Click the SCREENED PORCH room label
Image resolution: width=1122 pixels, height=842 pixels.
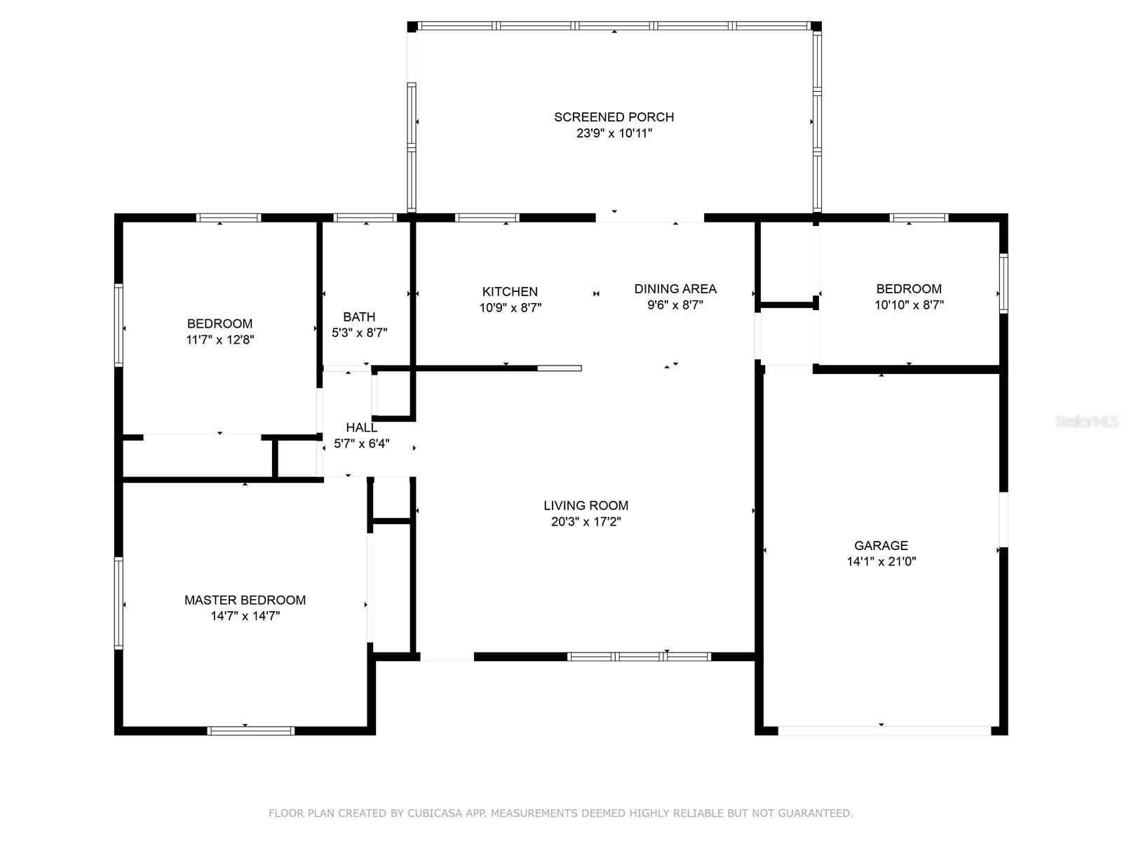click(614, 117)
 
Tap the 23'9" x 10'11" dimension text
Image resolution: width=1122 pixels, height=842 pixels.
click(614, 133)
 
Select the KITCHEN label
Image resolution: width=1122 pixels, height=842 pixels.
click(510, 291)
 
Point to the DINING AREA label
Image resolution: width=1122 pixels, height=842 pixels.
click(675, 289)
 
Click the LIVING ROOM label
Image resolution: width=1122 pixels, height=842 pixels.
click(586, 506)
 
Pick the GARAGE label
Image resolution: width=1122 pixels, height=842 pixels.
click(881, 545)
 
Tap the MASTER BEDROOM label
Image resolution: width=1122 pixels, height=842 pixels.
click(245, 600)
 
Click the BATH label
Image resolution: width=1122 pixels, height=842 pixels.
click(359, 317)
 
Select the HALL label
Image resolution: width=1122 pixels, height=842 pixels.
click(361, 427)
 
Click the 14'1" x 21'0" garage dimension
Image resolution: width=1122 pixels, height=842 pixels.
click(881, 561)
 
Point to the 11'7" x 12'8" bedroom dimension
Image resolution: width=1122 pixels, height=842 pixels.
click(219, 340)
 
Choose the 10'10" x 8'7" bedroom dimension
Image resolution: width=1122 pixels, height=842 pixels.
click(908, 305)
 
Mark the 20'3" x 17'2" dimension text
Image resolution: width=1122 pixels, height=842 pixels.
click(586, 521)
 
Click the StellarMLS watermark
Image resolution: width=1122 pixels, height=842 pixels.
click(1087, 421)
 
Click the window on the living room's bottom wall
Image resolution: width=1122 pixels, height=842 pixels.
click(639, 657)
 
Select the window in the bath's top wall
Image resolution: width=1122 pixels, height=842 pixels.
click(365, 218)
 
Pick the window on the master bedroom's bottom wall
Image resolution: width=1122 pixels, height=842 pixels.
click(250, 731)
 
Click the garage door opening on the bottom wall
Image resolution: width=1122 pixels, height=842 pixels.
click(884, 731)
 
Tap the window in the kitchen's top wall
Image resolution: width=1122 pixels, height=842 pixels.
click(487, 218)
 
